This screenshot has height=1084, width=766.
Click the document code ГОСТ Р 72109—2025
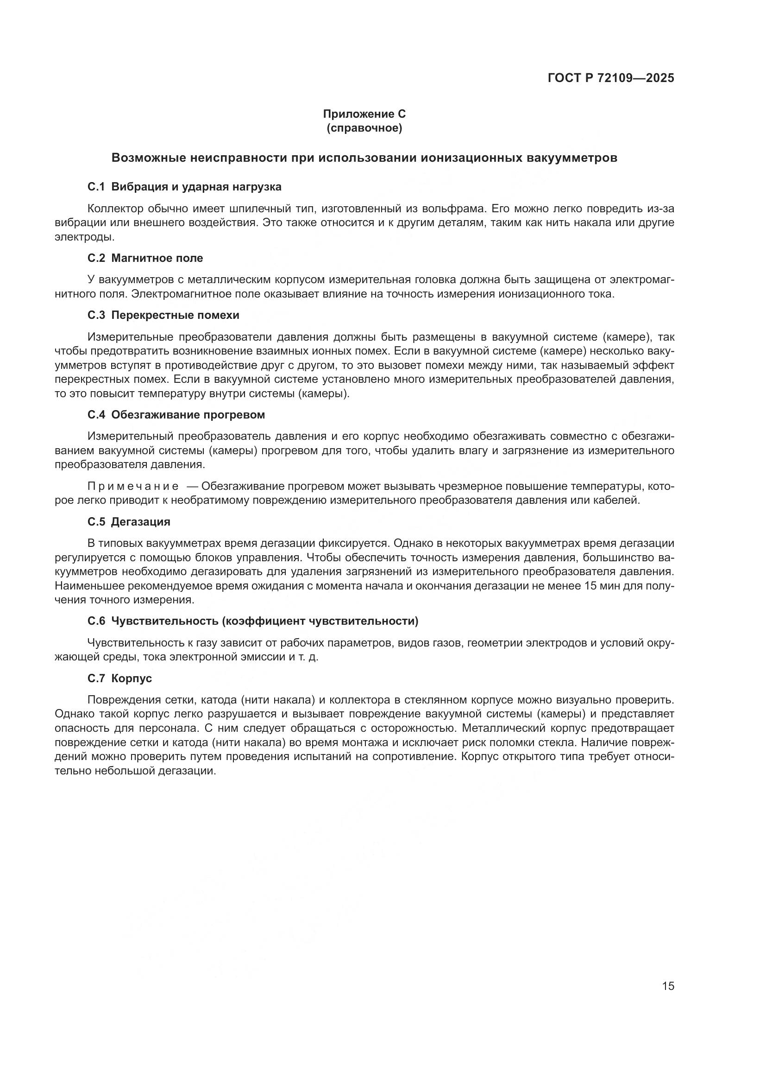point(611,78)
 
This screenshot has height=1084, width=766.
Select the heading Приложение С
point(364,114)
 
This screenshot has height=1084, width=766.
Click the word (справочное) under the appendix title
point(364,128)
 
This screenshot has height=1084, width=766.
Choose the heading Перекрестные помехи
point(175,316)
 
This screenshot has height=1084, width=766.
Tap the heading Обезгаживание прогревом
point(188,415)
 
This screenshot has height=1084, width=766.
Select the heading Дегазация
point(141,522)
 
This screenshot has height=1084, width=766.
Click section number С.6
point(96,621)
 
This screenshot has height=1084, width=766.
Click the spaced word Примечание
point(133,486)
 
